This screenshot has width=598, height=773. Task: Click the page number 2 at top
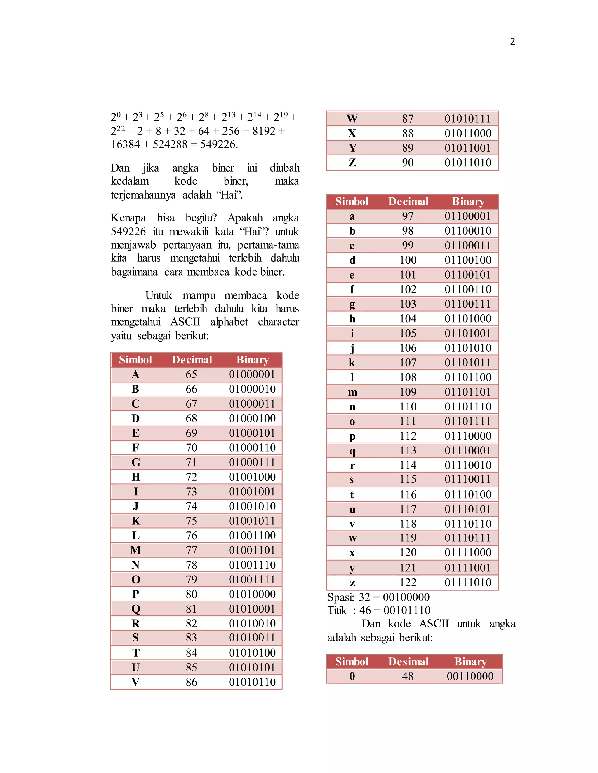(x=512, y=41)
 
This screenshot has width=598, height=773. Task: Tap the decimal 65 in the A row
(x=191, y=374)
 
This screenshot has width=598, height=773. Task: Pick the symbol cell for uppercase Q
(x=136, y=609)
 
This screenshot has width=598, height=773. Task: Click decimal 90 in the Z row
(x=408, y=162)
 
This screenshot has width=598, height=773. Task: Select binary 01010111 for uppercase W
(x=468, y=118)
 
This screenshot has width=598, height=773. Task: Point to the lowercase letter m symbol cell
(x=352, y=392)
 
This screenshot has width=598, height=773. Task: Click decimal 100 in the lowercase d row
(x=408, y=260)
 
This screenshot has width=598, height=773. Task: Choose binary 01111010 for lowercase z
(x=468, y=582)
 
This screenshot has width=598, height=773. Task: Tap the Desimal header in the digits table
(x=408, y=662)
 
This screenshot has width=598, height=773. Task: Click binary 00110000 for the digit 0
(x=470, y=676)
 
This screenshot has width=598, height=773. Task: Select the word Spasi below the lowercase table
(x=340, y=597)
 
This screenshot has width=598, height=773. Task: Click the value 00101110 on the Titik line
(x=407, y=610)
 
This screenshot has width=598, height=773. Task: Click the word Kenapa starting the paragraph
(x=128, y=218)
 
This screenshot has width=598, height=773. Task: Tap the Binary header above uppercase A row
(x=252, y=360)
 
